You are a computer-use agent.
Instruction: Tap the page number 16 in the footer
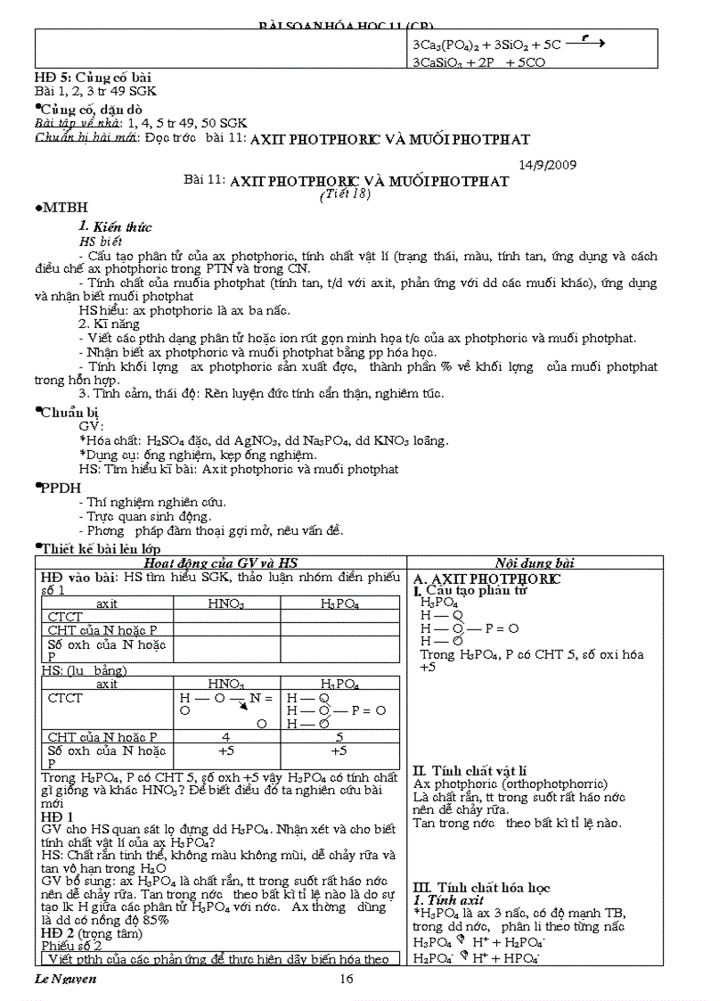(347, 980)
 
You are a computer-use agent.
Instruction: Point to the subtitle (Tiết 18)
(344, 195)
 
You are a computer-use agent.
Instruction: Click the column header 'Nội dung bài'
(535, 562)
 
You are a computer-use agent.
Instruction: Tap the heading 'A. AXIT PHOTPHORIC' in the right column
(487, 578)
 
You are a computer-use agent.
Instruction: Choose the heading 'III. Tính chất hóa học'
(481, 887)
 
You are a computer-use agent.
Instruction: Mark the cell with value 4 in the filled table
(226, 737)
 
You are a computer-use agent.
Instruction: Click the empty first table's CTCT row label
(65, 617)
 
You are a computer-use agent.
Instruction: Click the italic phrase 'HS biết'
(100, 241)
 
